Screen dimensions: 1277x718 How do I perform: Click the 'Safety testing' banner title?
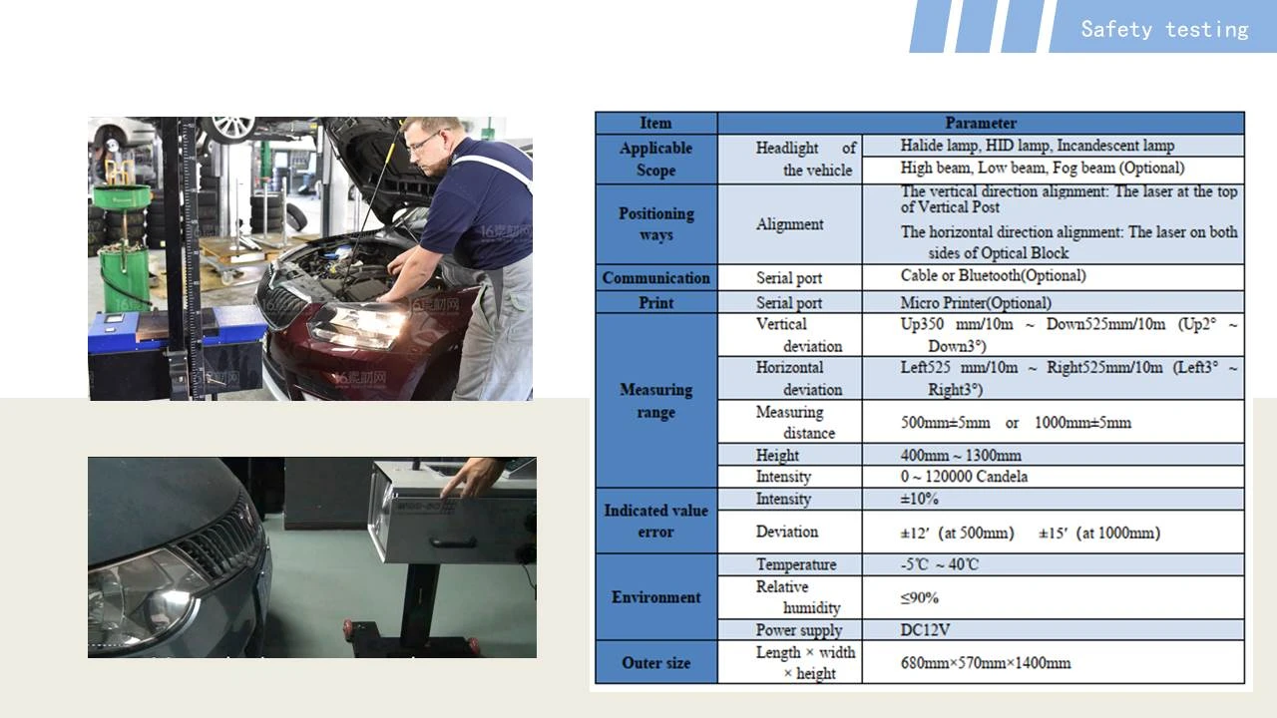click(1164, 29)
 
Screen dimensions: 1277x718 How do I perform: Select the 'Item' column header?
click(655, 123)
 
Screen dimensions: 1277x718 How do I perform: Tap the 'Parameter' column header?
click(981, 123)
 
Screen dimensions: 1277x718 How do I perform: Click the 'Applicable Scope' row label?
click(655, 159)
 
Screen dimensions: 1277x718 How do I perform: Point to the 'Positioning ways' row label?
click(656, 224)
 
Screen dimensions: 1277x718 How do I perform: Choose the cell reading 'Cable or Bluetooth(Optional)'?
click(993, 276)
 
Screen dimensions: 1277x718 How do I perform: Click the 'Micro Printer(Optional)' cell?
click(976, 302)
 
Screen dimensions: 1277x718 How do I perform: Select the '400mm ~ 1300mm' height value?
click(961, 456)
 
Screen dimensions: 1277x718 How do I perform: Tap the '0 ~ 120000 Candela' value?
click(964, 477)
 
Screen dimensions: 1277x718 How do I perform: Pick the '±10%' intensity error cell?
click(919, 500)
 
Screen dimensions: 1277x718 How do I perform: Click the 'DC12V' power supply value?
click(925, 630)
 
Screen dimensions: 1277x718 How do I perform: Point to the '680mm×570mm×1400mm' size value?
click(986, 663)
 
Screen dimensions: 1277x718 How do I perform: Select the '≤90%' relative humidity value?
click(919, 597)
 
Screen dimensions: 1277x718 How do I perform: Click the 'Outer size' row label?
click(655, 663)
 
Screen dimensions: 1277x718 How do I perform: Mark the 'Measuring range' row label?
click(656, 401)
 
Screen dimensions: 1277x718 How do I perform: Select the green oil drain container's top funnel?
click(122, 194)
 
